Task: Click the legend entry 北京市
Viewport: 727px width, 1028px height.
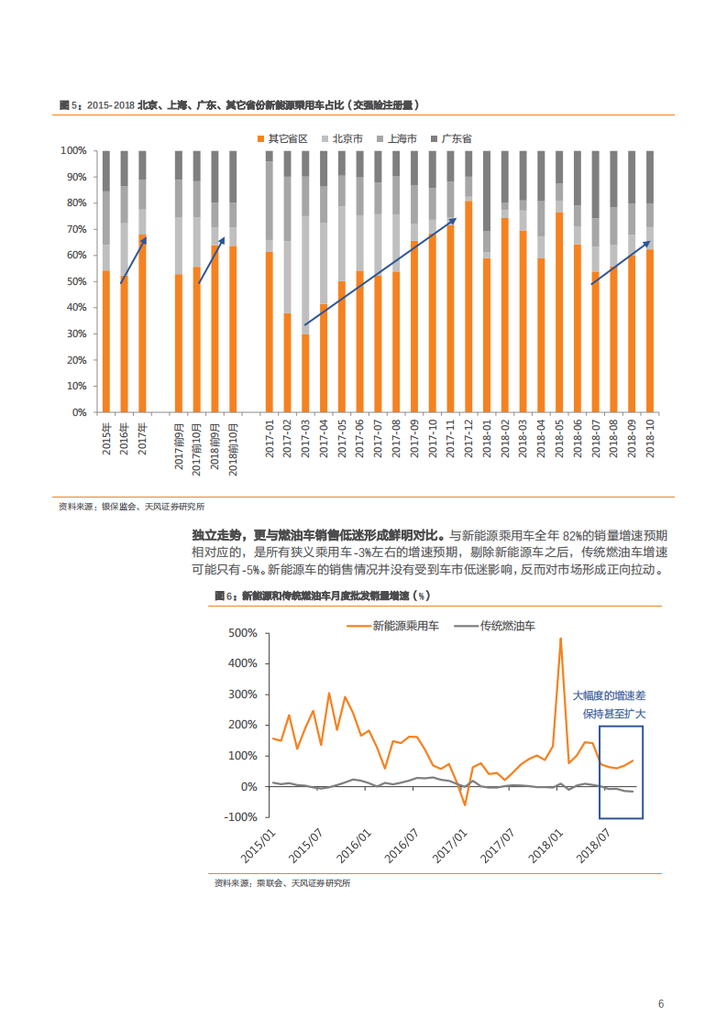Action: (347, 138)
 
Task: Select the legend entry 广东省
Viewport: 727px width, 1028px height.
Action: (456, 138)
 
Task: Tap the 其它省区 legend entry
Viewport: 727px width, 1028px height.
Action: (287, 138)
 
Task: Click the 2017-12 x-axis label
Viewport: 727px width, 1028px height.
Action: (468, 437)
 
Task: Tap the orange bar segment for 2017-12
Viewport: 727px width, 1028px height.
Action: (468, 307)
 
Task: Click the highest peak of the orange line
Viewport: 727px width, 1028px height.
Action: (560, 639)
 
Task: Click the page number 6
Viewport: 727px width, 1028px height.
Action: (661, 1003)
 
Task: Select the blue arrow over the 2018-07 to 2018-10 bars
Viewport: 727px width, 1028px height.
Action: (620, 264)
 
